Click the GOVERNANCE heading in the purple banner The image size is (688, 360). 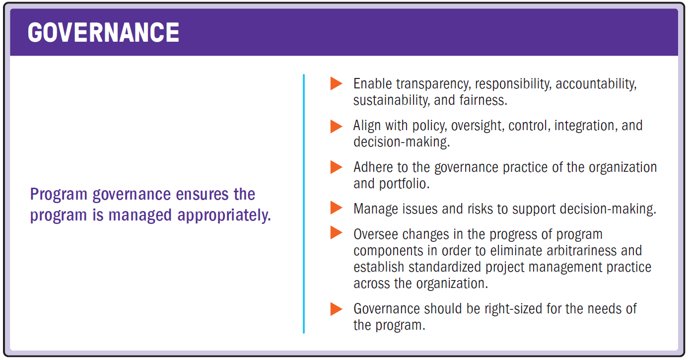click(x=103, y=33)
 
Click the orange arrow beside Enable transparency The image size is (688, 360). click(x=336, y=83)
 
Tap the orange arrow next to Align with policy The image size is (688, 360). click(x=336, y=126)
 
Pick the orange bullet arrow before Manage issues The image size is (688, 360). click(x=336, y=208)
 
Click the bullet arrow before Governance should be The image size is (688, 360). click(x=336, y=309)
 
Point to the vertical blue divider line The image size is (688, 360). click(x=303, y=204)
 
